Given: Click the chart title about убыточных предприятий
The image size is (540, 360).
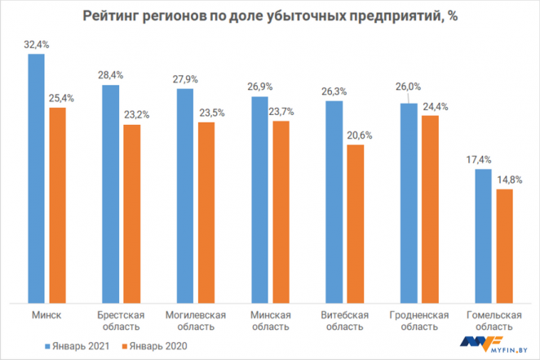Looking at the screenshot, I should pyautogui.click(x=269, y=18).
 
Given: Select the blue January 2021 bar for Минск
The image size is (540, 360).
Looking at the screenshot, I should pyautogui.click(x=36, y=179).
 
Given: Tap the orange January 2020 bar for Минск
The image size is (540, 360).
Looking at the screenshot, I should pyautogui.click(x=57, y=205).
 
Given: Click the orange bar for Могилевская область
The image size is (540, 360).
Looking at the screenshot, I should pyautogui.click(x=206, y=212).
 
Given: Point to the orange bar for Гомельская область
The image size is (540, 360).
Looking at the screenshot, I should pyautogui.click(x=504, y=246).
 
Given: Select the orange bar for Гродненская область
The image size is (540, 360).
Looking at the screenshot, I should pyautogui.click(x=430, y=209).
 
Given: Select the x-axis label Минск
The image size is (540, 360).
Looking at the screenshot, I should pyautogui.click(x=46, y=315).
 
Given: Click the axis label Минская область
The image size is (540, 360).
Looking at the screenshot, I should pyautogui.click(x=269, y=321).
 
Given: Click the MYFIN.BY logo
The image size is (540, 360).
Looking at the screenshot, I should pyautogui.click(x=497, y=344).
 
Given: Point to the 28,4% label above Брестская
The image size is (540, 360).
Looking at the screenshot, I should pyautogui.click(x=110, y=75).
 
